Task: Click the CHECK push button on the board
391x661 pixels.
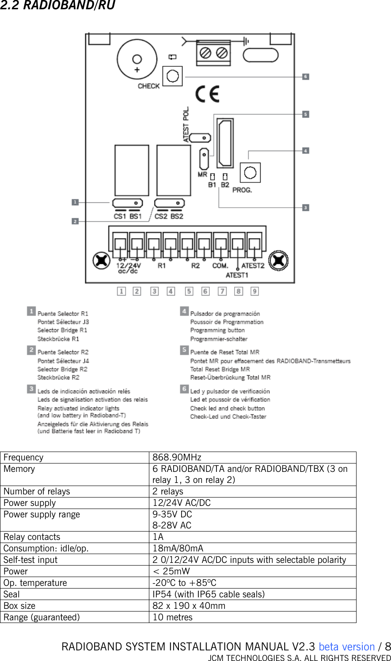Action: [172, 76]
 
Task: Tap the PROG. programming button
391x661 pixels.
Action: [250, 173]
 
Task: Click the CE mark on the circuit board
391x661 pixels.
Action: [207, 95]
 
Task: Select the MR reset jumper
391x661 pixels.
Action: [204, 160]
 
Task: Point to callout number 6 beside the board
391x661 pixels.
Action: [305, 77]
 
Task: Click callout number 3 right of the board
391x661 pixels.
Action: [305, 207]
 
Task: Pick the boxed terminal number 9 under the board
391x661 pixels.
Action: [254, 291]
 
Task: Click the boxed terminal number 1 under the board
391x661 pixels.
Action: [121, 291]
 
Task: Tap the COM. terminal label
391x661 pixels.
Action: [220, 266]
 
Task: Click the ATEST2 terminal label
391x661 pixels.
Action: [253, 266]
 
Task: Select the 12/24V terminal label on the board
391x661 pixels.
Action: [128, 266]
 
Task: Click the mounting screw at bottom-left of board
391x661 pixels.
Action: [102, 260]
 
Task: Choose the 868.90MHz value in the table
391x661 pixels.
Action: [177, 457]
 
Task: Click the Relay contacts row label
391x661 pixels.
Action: [32, 537]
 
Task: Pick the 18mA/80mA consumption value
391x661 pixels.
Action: [178, 548]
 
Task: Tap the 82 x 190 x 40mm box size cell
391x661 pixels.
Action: [189, 606]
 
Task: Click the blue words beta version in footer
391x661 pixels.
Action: [346, 647]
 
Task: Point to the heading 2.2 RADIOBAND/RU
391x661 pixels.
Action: [57, 6]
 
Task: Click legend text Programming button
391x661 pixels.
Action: [217, 330]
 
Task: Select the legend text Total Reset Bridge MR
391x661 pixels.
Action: [220, 369]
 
